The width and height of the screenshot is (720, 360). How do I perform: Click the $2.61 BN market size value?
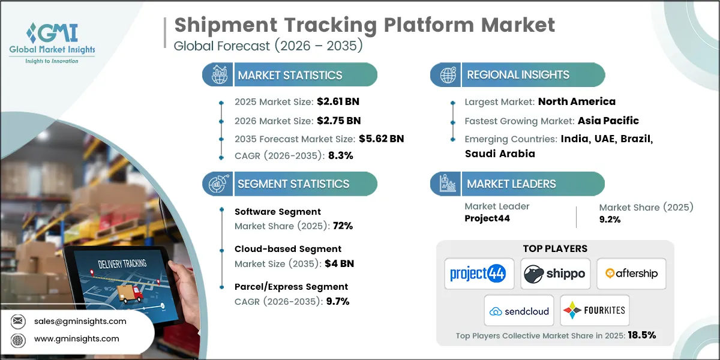pos(338,101)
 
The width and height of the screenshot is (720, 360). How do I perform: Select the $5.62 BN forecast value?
pos(381,139)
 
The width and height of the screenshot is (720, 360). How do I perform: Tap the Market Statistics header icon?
pos(217,75)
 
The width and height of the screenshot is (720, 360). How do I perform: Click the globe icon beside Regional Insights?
pos(446,75)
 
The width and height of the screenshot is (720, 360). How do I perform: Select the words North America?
pos(577,101)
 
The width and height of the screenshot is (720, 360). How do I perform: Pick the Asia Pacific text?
pos(608,121)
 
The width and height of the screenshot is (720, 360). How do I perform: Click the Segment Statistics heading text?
pos(293,184)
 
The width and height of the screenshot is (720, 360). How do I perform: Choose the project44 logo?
pos(478,274)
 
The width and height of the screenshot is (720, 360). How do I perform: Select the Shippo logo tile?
pos(555,274)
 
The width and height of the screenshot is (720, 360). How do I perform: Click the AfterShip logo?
pos(631,274)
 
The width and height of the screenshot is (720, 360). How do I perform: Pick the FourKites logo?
pos(594,311)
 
